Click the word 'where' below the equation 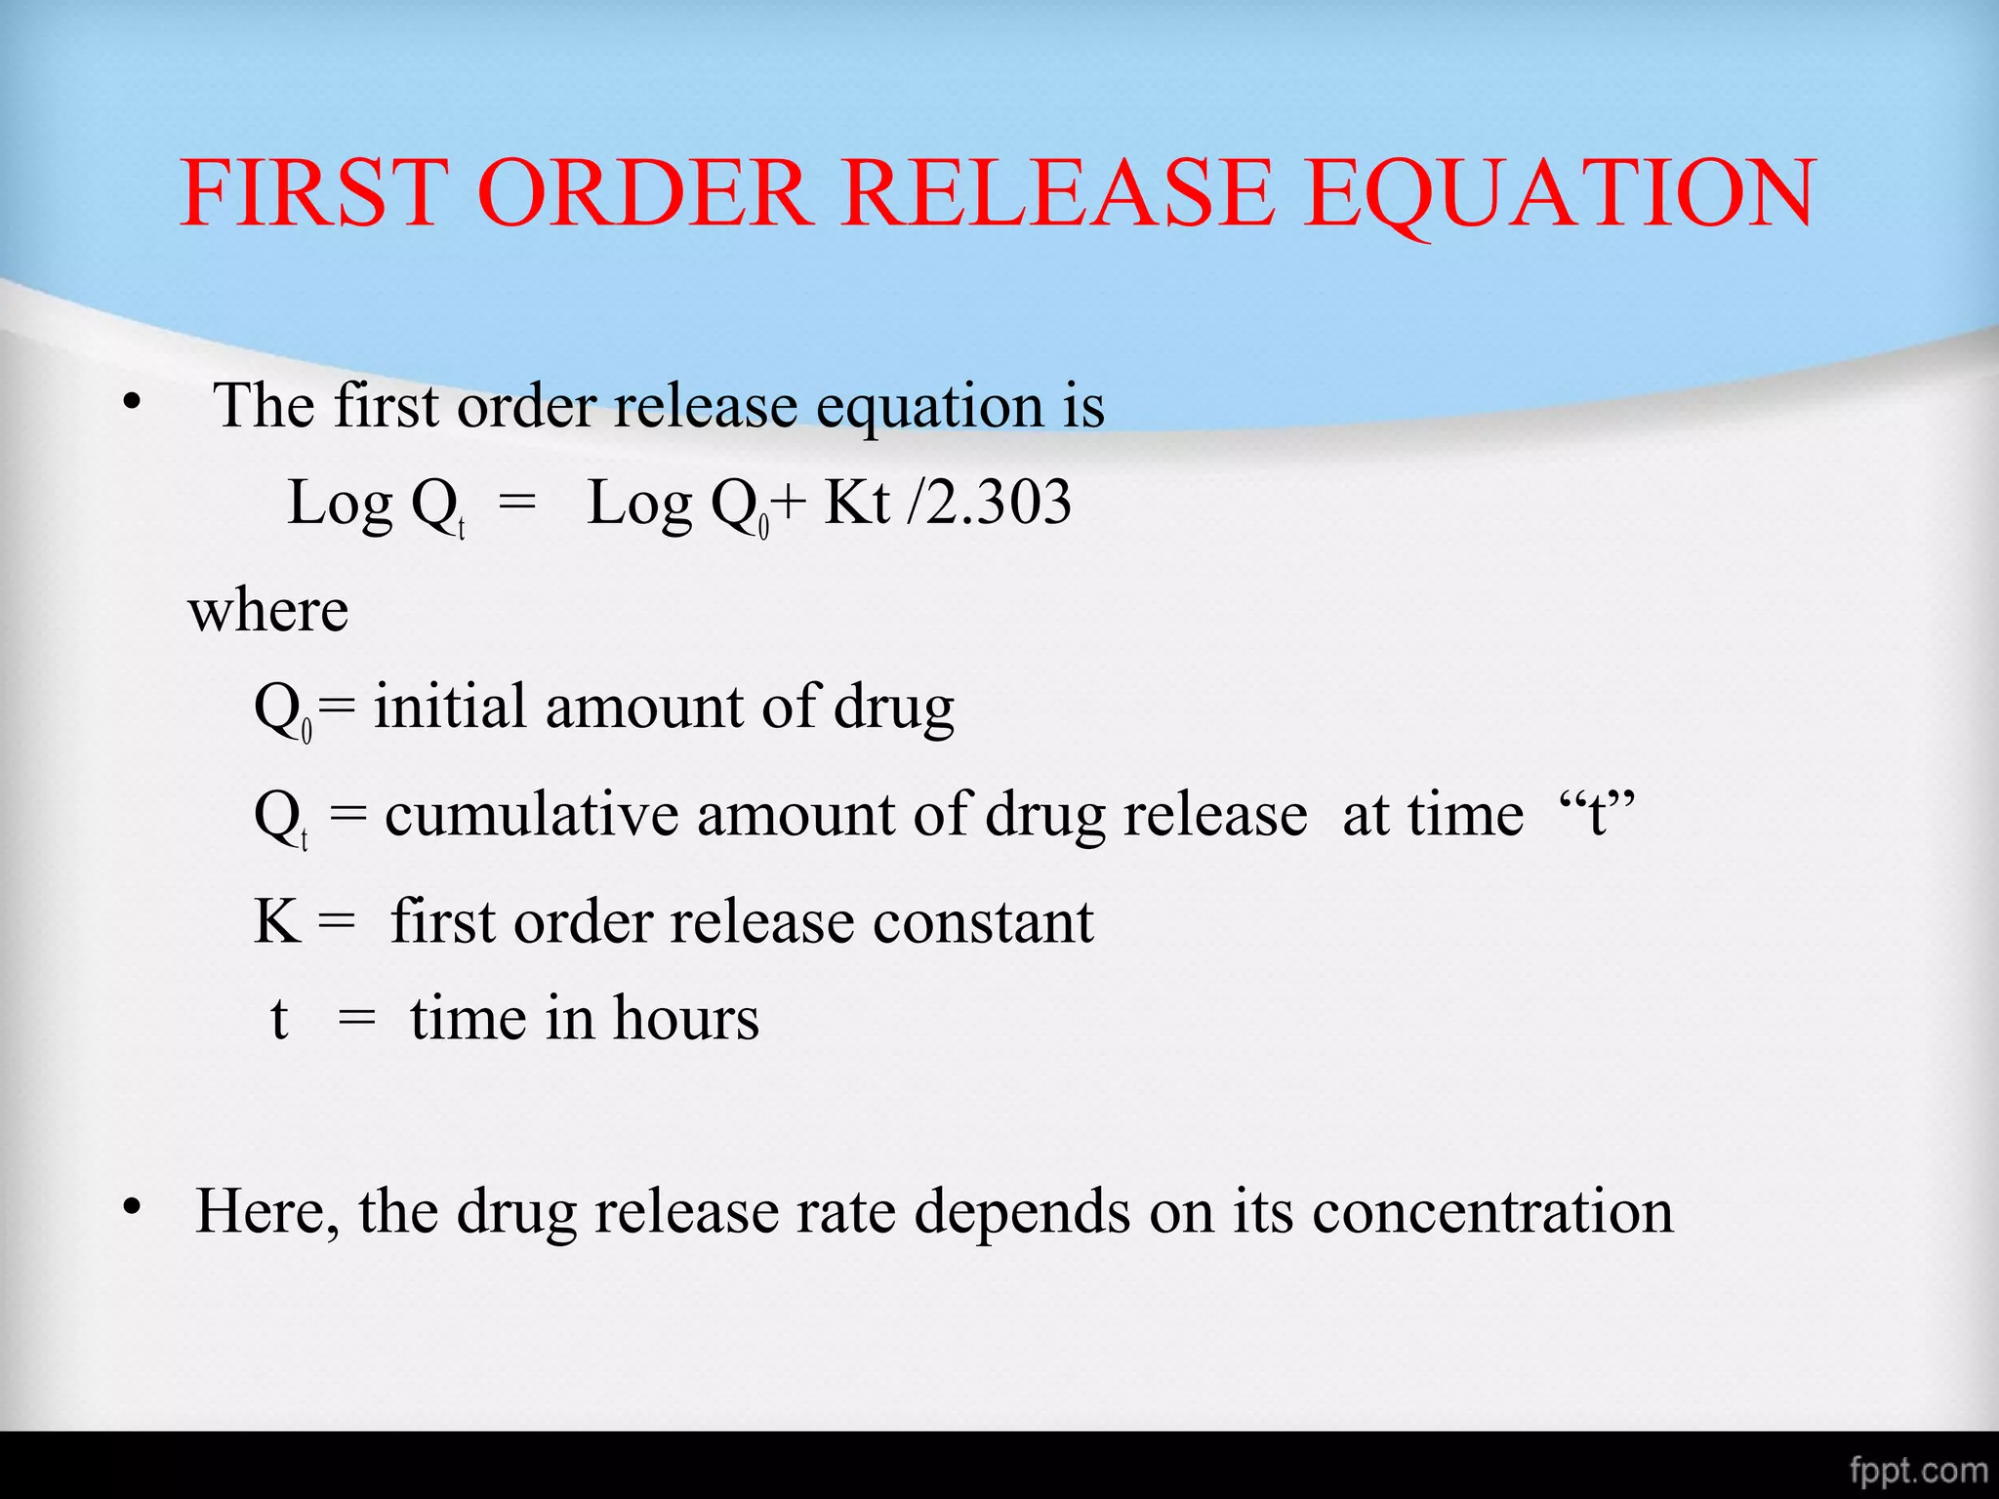(268, 612)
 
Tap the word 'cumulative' (531, 814)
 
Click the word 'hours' (685, 1019)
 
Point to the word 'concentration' (1492, 1212)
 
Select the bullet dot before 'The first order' (132, 403)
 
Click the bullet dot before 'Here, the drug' (132, 1209)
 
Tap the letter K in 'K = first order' (276, 921)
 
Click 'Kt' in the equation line (856, 504)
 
